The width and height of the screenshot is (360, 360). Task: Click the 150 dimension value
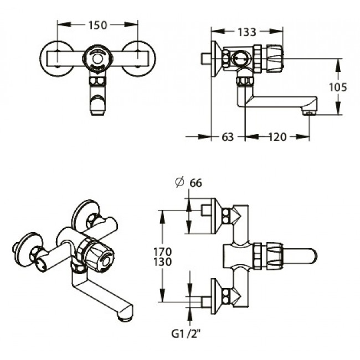click(x=98, y=24)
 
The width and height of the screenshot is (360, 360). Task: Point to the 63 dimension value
click(x=228, y=136)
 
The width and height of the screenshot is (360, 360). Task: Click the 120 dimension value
click(x=277, y=136)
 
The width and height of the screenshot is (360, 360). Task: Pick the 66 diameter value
click(x=195, y=183)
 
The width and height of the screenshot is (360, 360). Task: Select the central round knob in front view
click(x=98, y=58)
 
